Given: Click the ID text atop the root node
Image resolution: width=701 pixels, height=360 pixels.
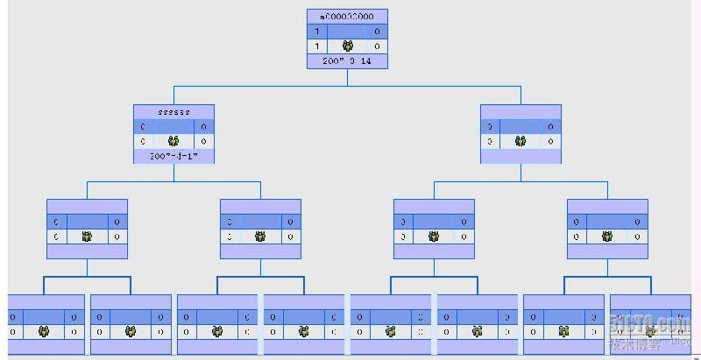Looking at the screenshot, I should (x=347, y=16).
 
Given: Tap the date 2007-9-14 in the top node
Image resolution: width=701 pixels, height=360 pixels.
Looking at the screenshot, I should (x=347, y=61).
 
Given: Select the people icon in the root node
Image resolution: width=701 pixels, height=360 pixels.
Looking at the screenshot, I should (x=348, y=46).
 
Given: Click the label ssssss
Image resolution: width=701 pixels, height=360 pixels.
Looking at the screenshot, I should (x=173, y=112).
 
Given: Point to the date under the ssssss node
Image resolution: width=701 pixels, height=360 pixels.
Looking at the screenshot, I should (x=173, y=156).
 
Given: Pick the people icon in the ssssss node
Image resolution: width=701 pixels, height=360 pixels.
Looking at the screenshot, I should (x=173, y=141).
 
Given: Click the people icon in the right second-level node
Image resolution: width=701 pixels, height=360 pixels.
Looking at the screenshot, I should (x=520, y=141).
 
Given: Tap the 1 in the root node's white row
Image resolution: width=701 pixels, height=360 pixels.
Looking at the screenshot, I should (x=316, y=46).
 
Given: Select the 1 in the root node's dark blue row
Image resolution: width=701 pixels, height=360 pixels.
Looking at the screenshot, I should (x=316, y=32).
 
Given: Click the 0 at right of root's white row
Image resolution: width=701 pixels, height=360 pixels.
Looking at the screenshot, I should (x=378, y=46).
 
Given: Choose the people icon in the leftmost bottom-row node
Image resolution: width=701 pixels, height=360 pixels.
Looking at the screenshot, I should (x=44, y=332).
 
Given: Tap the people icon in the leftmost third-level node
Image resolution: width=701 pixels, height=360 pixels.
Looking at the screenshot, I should (x=87, y=236).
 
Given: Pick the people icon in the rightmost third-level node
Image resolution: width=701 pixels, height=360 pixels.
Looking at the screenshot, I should (x=607, y=236).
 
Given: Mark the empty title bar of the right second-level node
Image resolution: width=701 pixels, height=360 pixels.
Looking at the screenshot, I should (x=520, y=111).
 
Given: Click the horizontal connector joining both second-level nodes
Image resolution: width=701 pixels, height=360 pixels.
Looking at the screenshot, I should (x=347, y=87).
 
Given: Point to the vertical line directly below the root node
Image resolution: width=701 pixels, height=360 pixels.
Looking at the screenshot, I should (x=347, y=77).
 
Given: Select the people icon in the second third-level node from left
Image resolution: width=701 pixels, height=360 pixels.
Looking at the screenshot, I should (x=260, y=236).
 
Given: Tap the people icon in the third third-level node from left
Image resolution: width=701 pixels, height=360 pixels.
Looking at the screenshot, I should (x=434, y=236).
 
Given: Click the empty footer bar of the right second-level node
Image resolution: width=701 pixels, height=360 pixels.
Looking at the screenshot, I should (x=520, y=156).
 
